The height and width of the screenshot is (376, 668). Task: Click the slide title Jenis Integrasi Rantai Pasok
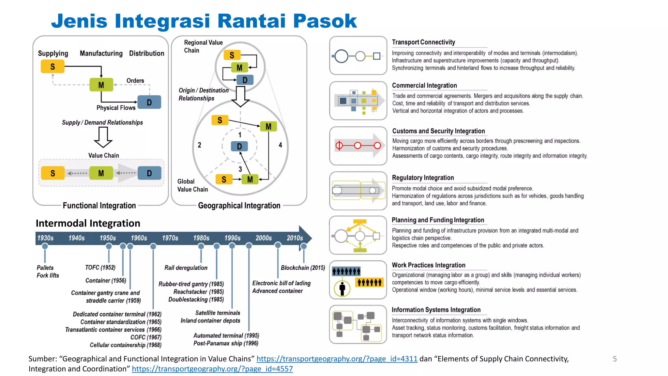coord(204,21)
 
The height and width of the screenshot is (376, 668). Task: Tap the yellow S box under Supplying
coord(53,67)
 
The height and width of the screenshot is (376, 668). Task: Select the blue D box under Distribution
coord(149,102)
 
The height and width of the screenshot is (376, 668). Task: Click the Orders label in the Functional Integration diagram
coord(135,81)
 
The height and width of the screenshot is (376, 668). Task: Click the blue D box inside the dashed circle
coord(239,146)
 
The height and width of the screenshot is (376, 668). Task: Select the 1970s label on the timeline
coord(170,238)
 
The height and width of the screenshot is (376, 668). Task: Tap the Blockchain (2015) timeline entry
coord(303,268)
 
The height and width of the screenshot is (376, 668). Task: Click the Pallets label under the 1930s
coord(45,268)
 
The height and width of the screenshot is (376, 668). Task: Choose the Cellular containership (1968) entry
coord(126,345)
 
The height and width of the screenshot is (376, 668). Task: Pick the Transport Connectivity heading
coord(423,42)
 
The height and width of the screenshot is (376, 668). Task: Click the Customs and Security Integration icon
coord(358,146)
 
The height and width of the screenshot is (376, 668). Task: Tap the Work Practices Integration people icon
coord(358,280)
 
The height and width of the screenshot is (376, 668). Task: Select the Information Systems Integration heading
coord(436,310)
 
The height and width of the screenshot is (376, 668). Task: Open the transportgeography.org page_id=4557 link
coord(212,369)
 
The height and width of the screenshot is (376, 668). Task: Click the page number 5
coord(615,359)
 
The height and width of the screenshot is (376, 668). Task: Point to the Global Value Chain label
coord(192,185)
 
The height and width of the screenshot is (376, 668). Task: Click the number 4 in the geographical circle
coord(280,145)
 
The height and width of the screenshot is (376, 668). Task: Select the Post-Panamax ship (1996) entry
coord(226,343)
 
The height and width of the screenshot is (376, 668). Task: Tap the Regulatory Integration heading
coord(423,178)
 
